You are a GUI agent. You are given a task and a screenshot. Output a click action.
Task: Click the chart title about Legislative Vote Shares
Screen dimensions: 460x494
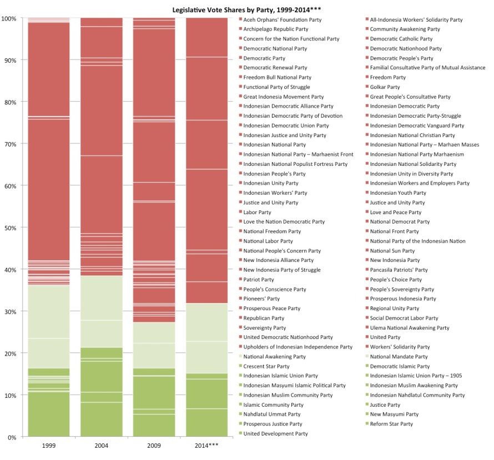coord(247,9)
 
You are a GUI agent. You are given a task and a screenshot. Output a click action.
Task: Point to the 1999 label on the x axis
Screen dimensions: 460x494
coord(48,446)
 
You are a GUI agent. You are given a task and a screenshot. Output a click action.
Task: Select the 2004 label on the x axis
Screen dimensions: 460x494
coord(101,446)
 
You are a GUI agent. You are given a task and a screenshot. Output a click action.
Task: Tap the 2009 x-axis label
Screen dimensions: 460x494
coord(154,446)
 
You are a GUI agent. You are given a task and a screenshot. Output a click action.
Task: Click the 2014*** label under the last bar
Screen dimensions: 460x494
coord(206,446)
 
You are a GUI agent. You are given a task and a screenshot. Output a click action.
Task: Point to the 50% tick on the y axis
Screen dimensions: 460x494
coord(11,228)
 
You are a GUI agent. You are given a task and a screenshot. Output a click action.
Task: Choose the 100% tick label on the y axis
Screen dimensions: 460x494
coord(9,18)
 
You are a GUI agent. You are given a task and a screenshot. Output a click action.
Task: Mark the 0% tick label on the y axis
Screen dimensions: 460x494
coord(12,437)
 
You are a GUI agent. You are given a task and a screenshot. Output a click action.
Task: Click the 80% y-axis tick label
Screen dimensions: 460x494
coord(11,102)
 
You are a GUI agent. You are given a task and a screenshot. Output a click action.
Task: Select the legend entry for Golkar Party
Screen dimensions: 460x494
coord(385,87)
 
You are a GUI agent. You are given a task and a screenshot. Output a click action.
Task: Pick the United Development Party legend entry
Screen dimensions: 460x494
coord(275,433)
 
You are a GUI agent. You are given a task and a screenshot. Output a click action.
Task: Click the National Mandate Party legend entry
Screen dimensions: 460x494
coord(399,357)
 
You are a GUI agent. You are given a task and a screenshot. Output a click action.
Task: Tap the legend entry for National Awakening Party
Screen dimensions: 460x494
coord(274,357)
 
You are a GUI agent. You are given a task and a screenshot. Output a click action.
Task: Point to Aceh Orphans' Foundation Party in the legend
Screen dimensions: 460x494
coord(282,20)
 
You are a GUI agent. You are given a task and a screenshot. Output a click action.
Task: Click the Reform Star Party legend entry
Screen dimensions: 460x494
coord(391,424)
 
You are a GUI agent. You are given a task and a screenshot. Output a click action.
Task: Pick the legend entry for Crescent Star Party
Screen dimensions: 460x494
coord(266,366)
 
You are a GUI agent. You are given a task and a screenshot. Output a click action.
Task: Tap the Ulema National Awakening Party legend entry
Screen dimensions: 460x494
coord(410,328)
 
